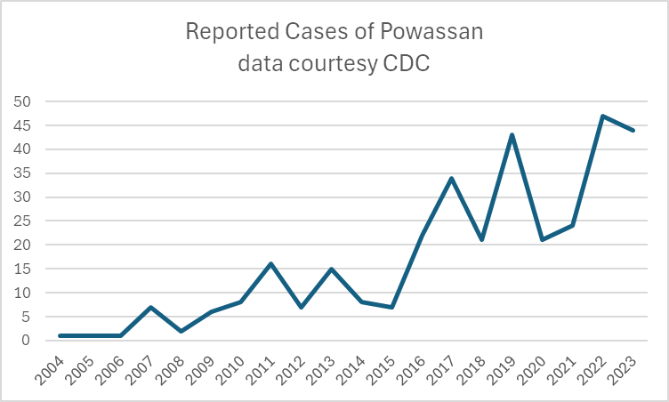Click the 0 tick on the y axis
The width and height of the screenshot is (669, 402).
click(28, 340)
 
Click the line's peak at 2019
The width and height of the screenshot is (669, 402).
click(512, 135)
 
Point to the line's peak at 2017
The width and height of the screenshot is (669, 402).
click(452, 178)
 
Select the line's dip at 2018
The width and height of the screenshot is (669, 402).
click(482, 240)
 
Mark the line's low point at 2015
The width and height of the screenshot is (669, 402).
click(391, 307)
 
